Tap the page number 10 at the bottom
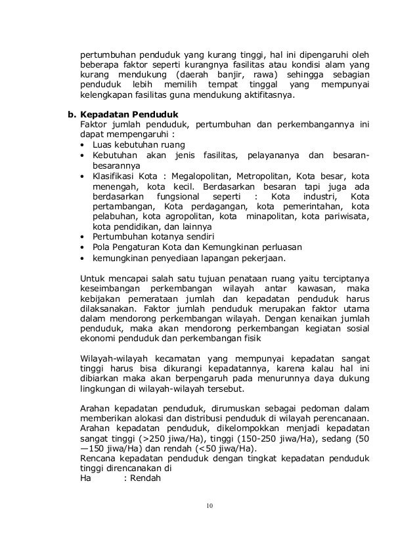pyautogui.click(x=209, y=505)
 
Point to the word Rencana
pyautogui.click(x=97, y=459)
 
